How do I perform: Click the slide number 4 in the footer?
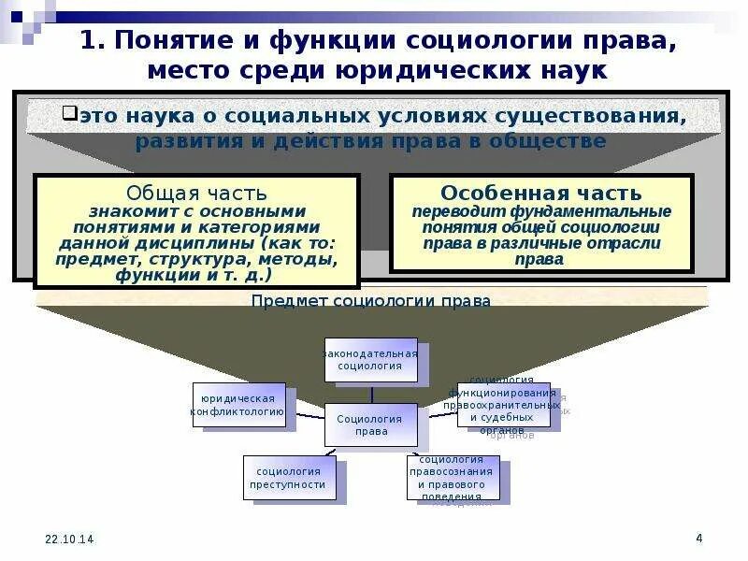698,538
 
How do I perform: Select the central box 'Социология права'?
371,424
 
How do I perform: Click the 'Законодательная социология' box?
370,360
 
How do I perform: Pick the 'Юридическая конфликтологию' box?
238,404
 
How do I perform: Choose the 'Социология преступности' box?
288,477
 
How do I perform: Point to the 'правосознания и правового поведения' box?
452,478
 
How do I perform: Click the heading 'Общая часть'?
196,194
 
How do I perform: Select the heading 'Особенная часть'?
541,194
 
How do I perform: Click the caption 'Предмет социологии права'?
371,301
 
